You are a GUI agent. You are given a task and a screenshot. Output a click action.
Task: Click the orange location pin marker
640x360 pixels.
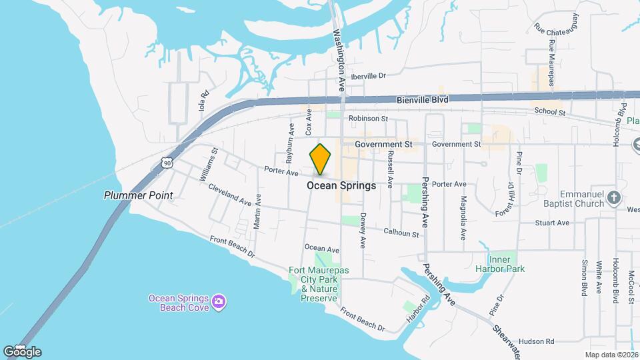pos(321,159)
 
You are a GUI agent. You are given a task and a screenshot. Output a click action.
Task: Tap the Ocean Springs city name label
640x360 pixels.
pos(341,186)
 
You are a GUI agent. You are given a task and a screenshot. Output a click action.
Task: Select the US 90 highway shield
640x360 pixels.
pos(166,162)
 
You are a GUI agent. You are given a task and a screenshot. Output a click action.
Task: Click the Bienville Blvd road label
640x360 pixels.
pos(423,99)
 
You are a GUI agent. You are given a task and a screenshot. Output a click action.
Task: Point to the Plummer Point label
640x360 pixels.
pos(138,195)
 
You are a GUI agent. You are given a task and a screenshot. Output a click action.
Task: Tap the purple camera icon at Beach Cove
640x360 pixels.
pos(218,303)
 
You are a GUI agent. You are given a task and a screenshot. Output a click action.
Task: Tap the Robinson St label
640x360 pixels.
pos(367,119)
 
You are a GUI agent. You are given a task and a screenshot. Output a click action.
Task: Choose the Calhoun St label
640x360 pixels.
pos(401,233)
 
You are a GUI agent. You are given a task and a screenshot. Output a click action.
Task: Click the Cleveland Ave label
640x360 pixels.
pos(229,195)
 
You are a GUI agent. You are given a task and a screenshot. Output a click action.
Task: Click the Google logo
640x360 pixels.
pos(22,352)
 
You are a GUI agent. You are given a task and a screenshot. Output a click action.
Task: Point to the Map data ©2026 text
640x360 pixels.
pos(611,355)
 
